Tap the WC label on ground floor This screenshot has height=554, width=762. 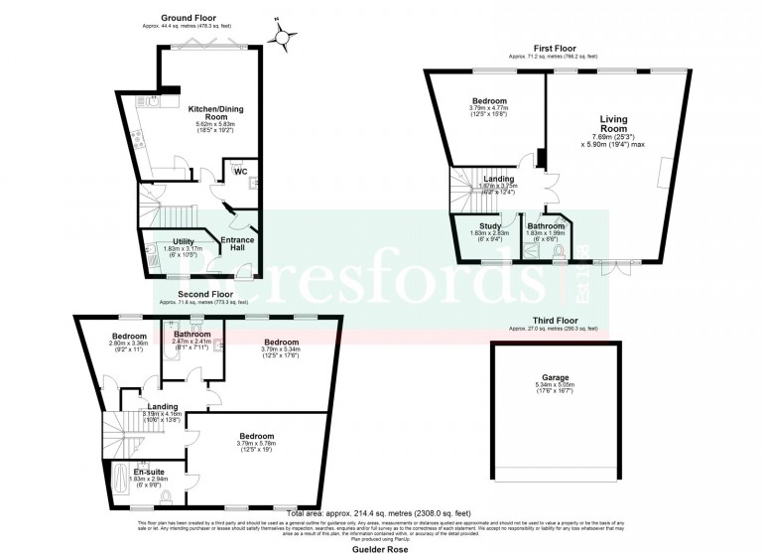tap(240, 172)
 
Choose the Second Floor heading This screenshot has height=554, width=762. tap(205, 295)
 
